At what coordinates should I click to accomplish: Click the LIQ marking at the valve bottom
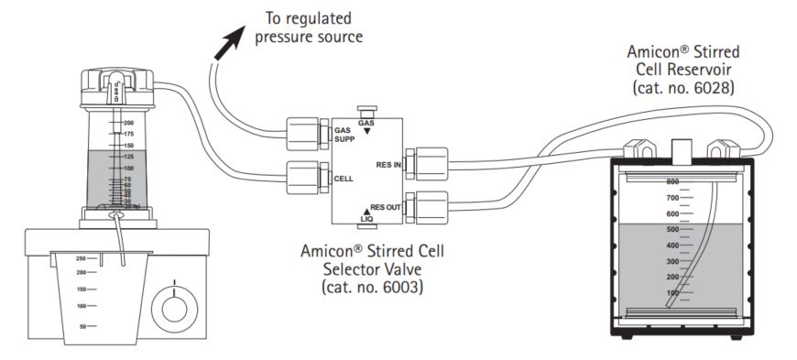(366, 217)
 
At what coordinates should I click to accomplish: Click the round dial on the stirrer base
(174, 307)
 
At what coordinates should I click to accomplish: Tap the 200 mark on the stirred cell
(128, 122)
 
